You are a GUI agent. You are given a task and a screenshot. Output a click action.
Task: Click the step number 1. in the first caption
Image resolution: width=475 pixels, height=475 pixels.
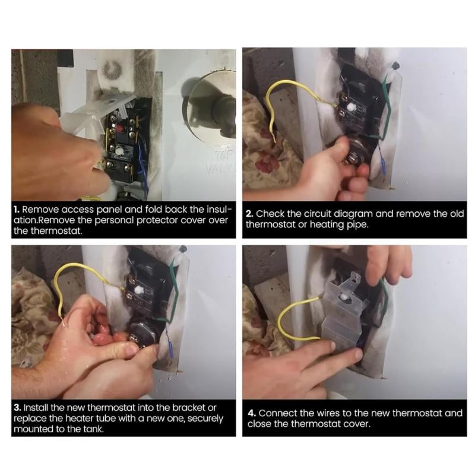[17, 210]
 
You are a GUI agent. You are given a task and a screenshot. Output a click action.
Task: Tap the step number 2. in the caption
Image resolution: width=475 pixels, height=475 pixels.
[249, 214]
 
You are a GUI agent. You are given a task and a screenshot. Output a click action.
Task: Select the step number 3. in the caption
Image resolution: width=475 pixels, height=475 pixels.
[17, 407]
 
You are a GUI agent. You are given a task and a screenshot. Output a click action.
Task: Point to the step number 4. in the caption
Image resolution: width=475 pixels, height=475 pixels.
[252, 413]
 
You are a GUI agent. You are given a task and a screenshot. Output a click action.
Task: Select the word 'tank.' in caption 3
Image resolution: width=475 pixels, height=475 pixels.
[93, 429]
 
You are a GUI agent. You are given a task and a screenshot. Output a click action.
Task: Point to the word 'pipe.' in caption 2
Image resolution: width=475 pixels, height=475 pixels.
[358, 225]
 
